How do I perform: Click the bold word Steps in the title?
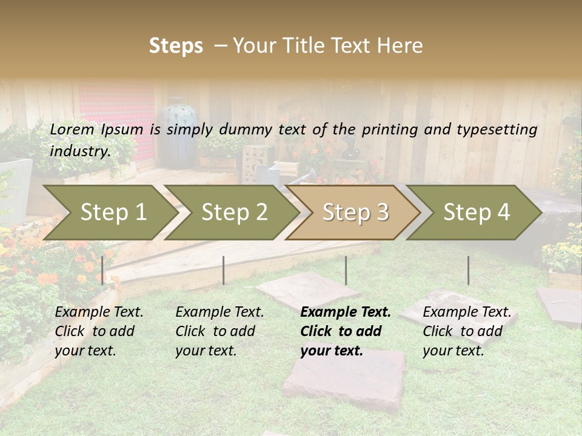[x=176, y=46]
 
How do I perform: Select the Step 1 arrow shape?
[x=109, y=213]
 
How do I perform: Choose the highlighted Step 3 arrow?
[x=355, y=213]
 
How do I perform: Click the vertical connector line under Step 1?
[x=102, y=270]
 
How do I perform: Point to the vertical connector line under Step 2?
[x=224, y=270]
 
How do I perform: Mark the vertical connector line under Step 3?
[x=346, y=270]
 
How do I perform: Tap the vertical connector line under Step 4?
[x=468, y=270]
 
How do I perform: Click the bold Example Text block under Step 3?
[x=346, y=331]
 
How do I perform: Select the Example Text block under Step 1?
[x=99, y=331]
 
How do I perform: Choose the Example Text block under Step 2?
[x=219, y=331]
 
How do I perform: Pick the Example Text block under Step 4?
[x=467, y=331]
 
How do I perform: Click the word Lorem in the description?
[x=72, y=129]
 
